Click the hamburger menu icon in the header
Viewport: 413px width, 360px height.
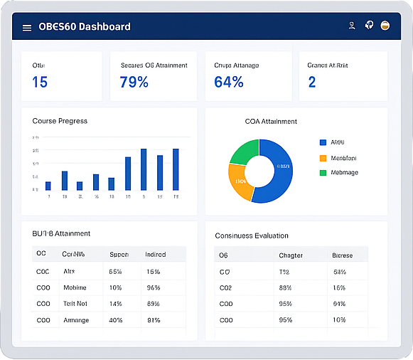(27, 28)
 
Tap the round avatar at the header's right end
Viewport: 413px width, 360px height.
(385, 26)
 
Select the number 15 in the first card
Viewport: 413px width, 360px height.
(40, 82)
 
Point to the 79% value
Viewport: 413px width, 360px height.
(134, 82)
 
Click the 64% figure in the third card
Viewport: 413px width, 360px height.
(229, 82)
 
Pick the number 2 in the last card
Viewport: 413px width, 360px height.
(312, 82)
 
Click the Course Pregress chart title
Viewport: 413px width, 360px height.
(60, 121)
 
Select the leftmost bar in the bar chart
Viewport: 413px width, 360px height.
(48, 186)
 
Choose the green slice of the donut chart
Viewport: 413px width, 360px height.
(244, 152)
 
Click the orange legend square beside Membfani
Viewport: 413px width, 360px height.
(323, 158)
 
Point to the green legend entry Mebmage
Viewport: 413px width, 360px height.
(344, 173)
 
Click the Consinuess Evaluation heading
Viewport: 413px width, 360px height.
(252, 235)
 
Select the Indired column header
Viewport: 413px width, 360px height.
(156, 254)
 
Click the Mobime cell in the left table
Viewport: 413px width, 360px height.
(75, 287)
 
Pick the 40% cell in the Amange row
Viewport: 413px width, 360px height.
(115, 320)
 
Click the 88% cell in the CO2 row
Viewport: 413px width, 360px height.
(286, 287)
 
